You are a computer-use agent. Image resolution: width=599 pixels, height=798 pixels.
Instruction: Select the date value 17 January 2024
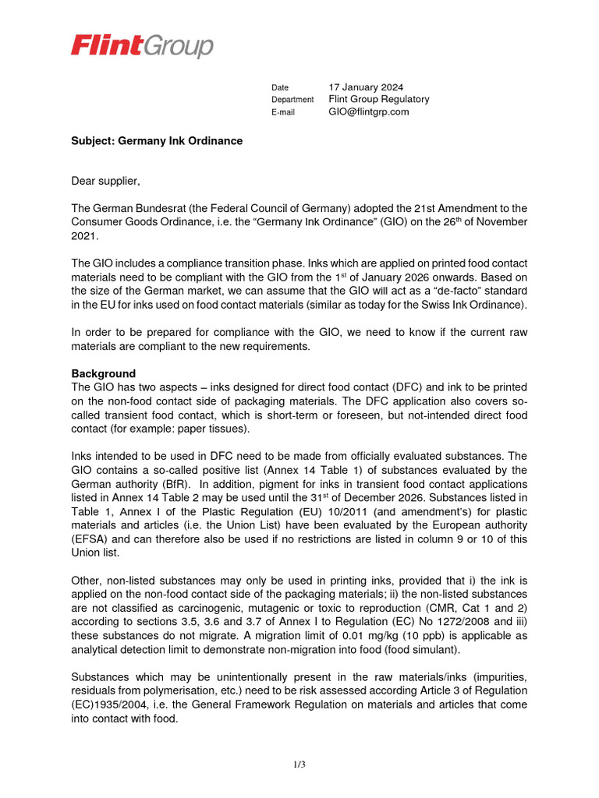click(366, 87)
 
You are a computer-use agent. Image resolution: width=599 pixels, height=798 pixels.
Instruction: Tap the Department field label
click(292, 100)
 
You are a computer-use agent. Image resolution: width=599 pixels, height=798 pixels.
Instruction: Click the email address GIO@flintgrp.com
click(369, 112)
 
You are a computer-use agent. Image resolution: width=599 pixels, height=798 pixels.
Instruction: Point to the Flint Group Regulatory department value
click(379, 100)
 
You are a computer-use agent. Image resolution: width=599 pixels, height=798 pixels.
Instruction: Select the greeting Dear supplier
click(106, 182)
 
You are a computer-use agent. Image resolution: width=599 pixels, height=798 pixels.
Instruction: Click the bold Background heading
click(104, 373)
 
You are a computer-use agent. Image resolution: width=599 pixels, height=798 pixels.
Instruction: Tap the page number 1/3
click(299, 764)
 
